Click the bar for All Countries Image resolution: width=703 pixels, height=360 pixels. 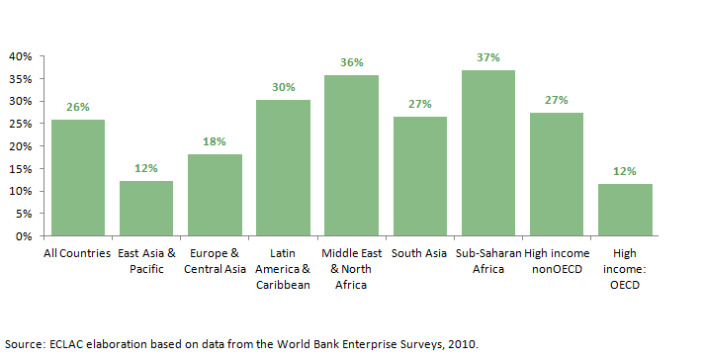pyautogui.click(x=78, y=178)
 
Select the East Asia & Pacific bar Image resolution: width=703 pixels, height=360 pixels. pyautogui.click(x=146, y=209)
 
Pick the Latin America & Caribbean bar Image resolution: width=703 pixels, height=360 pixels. pyautogui.click(x=284, y=168)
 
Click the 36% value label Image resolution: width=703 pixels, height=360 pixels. pyautogui.click(x=352, y=62)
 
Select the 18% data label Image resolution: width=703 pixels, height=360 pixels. pyautogui.click(x=215, y=141)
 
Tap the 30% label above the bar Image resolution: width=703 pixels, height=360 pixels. pyautogui.click(x=284, y=87)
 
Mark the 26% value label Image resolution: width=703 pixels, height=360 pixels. pyautogui.click(x=78, y=107)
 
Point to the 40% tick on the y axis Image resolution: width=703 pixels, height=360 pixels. pyautogui.click(x=21, y=56)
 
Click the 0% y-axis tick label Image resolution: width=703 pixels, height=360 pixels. pyautogui.click(x=25, y=236)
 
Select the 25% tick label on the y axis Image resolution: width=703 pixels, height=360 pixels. pyautogui.click(x=21, y=124)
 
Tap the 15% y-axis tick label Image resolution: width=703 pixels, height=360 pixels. pyautogui.click(x=21, y=169)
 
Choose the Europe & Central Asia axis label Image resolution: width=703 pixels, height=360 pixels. pyautogui.click(x=215, y=262)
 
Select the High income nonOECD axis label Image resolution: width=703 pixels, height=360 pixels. pyautogui.click(x=557, y=262)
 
